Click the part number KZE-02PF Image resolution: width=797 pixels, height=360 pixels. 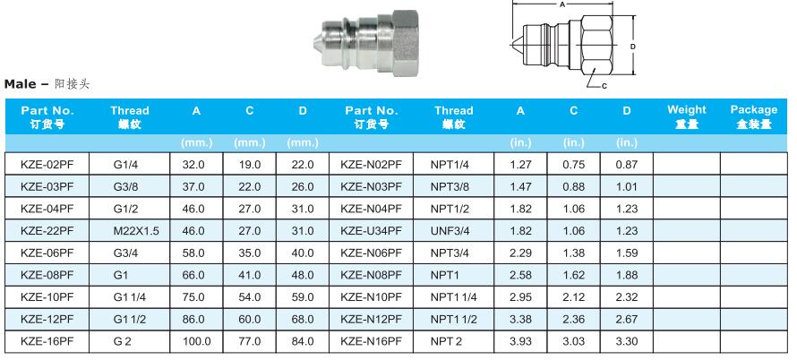pos(47,165)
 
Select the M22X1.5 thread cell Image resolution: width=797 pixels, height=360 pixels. pos(136,231)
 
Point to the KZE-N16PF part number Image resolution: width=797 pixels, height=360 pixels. pos(371,342)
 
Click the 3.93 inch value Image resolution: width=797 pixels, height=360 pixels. pos(520,342)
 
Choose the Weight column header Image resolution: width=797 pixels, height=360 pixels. pos(687,116)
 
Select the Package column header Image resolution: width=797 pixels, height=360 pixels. pos(754,116)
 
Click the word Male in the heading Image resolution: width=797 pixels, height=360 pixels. pos(21,84)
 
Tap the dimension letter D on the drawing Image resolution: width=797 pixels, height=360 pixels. pos(633,47)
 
